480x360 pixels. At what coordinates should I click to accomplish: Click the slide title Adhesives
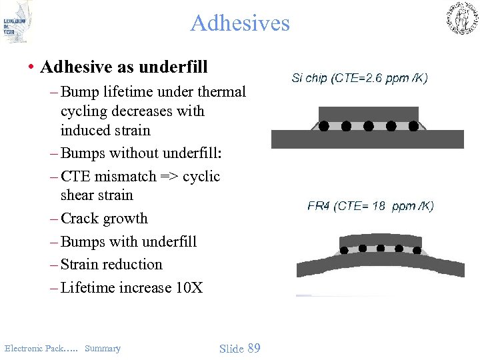pos(240,23)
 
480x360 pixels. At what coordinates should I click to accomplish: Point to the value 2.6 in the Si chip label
pos(379,78)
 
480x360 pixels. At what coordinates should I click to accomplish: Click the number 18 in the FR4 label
pos(379,206)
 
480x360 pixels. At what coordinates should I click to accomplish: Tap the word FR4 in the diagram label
pos(319,206)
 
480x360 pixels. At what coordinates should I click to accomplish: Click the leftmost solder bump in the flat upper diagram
pos(324,125)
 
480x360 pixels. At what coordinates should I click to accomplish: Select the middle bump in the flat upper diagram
pos(369,125)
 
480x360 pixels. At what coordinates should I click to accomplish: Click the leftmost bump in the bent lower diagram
pos(345,251)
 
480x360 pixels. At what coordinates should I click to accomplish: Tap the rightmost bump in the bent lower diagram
pos(417,251)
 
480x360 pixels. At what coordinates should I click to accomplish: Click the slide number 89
pos(253,348)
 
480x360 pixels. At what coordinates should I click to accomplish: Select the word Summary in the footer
pos(103,348)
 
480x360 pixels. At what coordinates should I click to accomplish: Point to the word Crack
pos(79,219)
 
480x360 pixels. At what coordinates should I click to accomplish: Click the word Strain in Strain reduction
pos(81,265)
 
